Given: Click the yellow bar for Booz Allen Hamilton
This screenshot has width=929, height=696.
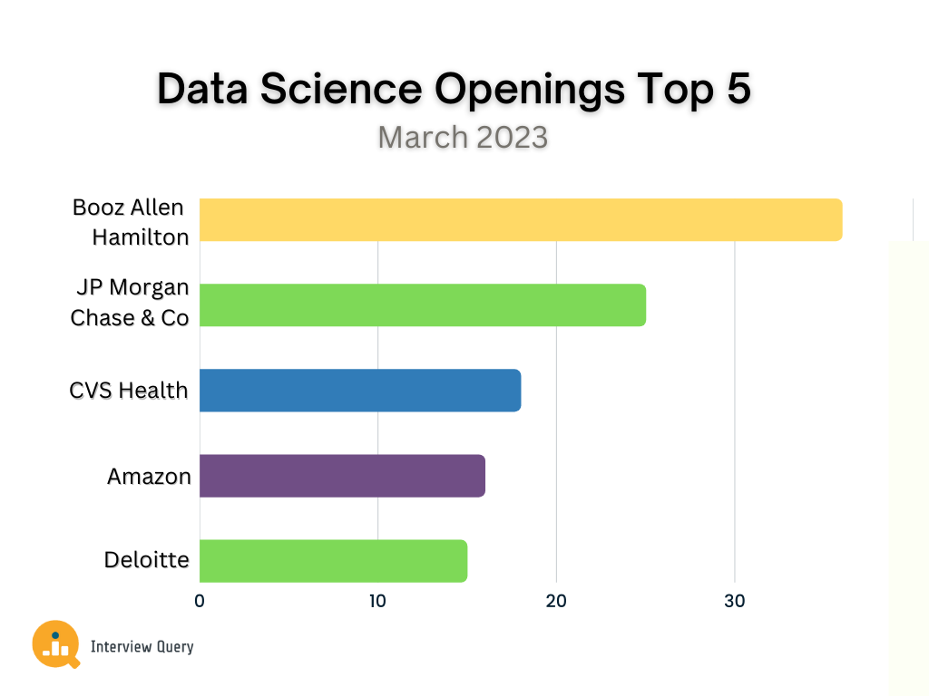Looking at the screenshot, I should [520, 219].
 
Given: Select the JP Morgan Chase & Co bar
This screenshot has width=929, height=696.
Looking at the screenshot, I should [422, 304].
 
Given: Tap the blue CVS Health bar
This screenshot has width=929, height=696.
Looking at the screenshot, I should [359, 390].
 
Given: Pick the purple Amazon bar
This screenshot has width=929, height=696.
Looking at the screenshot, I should [342, 475].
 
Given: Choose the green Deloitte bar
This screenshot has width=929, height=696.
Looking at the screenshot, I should [333, 560].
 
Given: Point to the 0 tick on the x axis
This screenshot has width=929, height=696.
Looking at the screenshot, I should [200, 600].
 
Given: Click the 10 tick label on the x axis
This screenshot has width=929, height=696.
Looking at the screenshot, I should [377, 600].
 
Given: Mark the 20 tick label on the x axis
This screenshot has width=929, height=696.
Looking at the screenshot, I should [556, 600].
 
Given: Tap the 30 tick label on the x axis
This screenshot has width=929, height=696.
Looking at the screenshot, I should [734, 600].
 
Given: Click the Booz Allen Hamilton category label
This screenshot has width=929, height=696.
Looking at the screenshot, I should [131, 221].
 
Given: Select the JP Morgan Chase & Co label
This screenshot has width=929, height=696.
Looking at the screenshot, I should [130, 303].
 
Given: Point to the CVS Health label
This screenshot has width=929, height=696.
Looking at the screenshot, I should [129, 391].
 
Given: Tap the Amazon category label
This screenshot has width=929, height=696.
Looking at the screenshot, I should [149, 476].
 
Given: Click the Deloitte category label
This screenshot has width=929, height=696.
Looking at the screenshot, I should [147, 560].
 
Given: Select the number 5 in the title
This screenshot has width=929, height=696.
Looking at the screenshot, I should [737, 90].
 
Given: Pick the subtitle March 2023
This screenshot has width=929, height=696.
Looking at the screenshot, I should [463, 137].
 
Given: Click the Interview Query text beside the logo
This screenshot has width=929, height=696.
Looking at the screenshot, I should [142, 646].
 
